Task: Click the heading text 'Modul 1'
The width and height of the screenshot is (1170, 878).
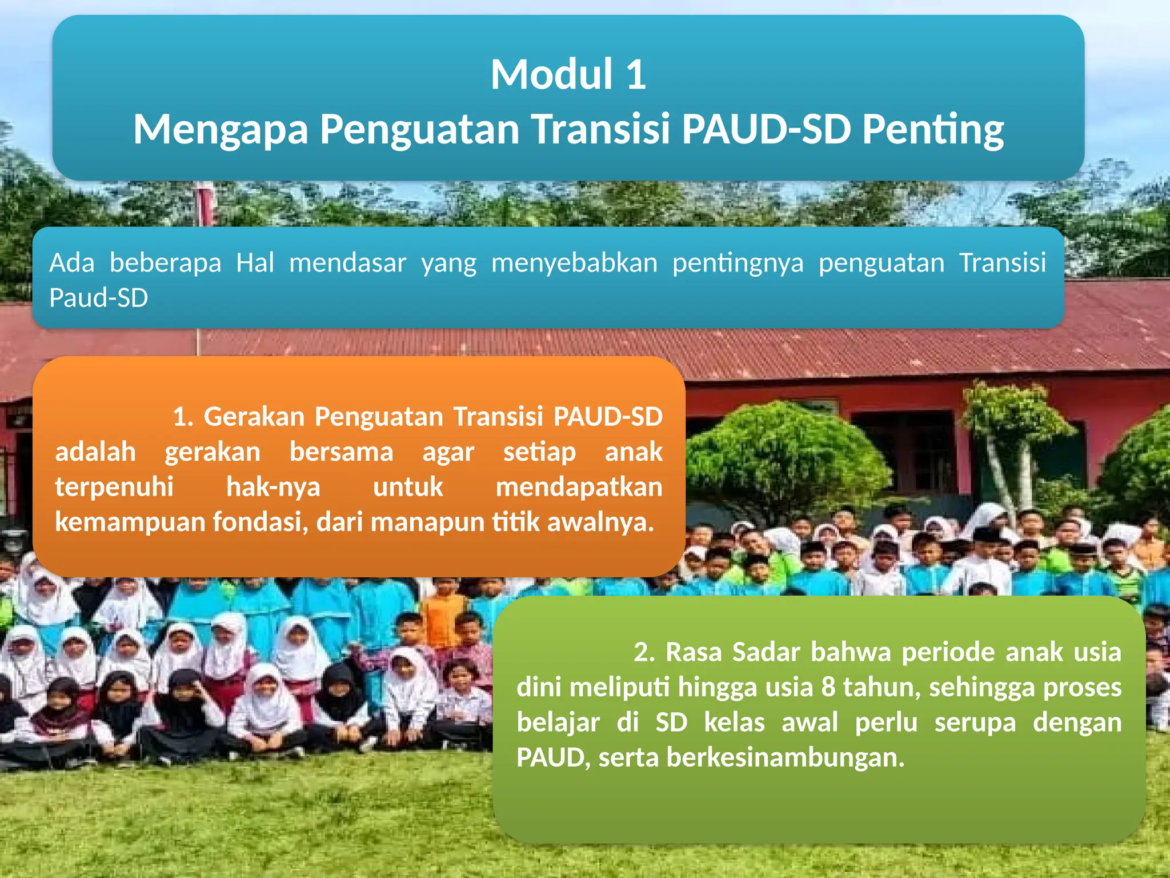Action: [x=568, y=75]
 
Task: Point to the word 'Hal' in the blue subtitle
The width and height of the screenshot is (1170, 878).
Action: [x=255, y=263]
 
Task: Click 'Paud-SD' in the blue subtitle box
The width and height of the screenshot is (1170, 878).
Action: [x=98, y=298]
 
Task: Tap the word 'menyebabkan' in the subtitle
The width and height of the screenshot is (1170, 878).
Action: [x=574, y=263]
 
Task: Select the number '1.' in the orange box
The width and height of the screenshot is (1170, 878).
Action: [x=183, y=417]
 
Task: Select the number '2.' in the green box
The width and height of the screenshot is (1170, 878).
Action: [x=644, y=652]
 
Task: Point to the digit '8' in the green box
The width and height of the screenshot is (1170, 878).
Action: [x=828, y=687]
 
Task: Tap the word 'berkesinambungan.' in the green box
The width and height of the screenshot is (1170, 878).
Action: [x=786, y=757]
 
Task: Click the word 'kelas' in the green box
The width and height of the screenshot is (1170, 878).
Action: [x=734, y=723]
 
